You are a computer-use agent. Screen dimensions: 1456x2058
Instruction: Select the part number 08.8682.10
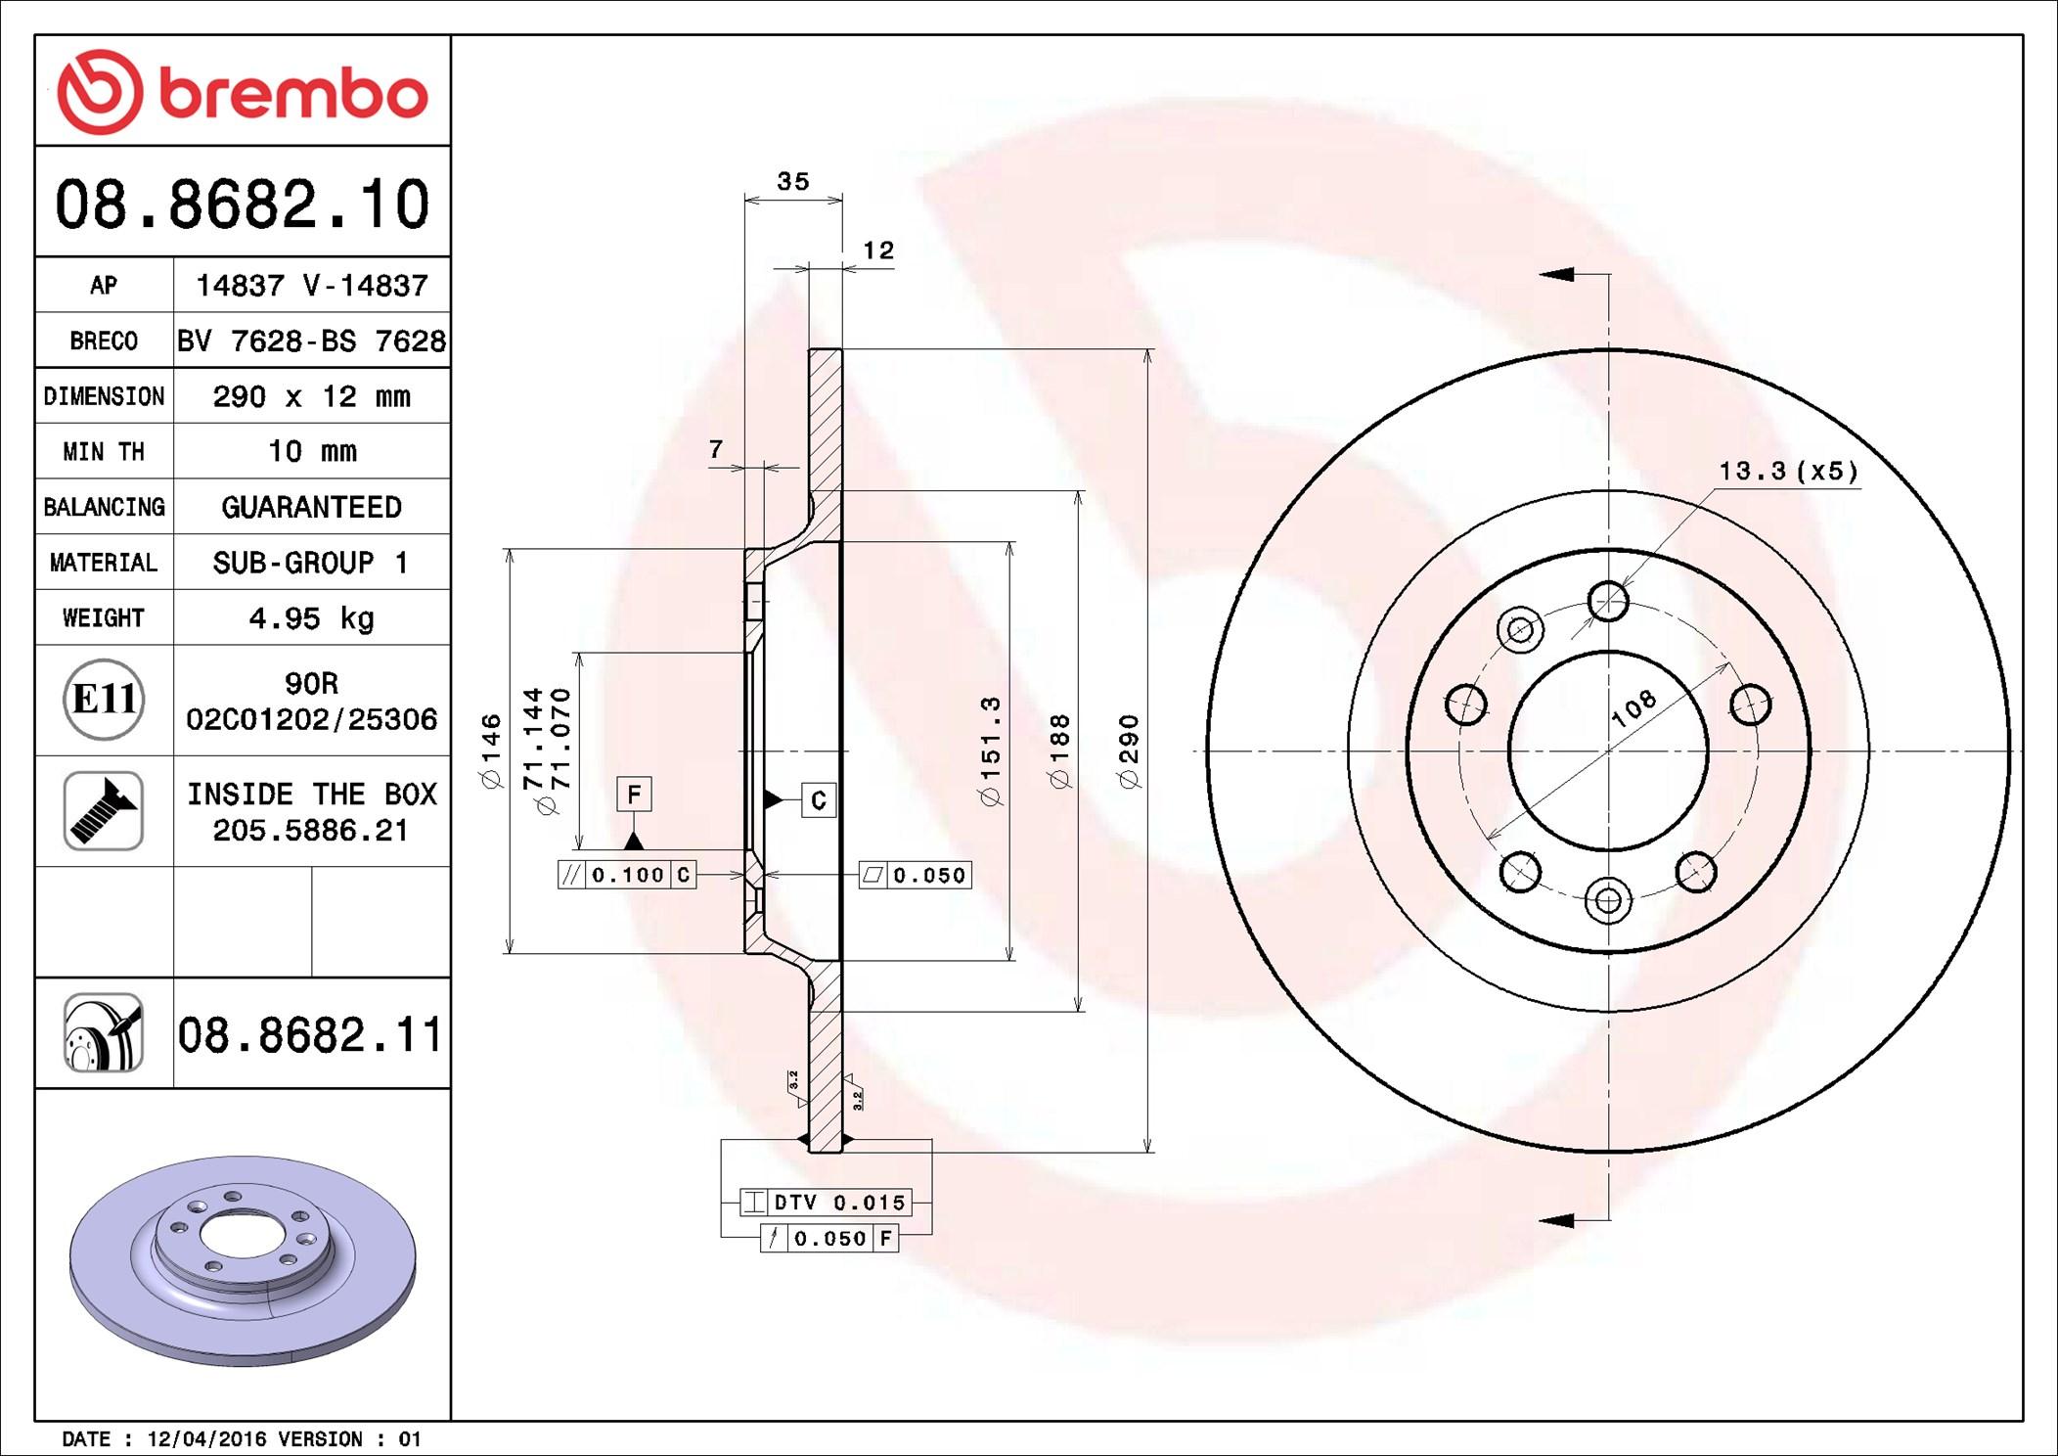pyautogui.click(x=243, y=205)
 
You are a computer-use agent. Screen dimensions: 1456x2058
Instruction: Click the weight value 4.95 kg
pyautogui.click(x=311, y=617)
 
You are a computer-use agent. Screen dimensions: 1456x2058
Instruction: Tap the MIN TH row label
pyautogui.click(x=104, y=451)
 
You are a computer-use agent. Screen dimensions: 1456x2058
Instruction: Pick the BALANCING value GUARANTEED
pyautogui.click(x=311, y=507)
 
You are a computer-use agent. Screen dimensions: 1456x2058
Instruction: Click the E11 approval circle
pyautogui.click(x=104, y=700)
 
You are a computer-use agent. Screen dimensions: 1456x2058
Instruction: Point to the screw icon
pyautogui.click(x=104, y=810)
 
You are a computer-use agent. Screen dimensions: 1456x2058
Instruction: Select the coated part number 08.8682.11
pyautogui.click(x=309, y=1034)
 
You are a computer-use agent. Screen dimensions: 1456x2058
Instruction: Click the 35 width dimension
pyautogui.click(x=792, y=181)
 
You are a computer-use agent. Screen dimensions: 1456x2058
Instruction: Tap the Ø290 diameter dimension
pyautogui.click(x=1129, y=751)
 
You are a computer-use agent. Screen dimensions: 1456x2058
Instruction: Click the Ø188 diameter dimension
pyautogui.click(x=1059, y=751)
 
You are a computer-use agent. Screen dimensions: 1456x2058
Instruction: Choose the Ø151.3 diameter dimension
pyautogui.click(x=991, y=751)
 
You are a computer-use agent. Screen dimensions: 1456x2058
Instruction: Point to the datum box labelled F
pyautogui.click(x=634, y=794)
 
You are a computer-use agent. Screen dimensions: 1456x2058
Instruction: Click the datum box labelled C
pyautogui.click(x=819, y=799)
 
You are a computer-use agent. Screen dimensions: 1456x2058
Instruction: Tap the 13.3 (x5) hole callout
pyautogui.click(x=1788, y=471)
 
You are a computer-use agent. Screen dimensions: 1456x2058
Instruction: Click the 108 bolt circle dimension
pyautogui.click(x=1633, y=707)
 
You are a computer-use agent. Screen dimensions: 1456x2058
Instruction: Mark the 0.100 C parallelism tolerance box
pyautogui.click(x=627, y=875)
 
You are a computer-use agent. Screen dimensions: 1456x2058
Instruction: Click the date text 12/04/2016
pyautogui.click(x=206, y=1438)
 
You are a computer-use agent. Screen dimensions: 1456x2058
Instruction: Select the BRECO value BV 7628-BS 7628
pyautogui.click(x=311, y=341)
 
